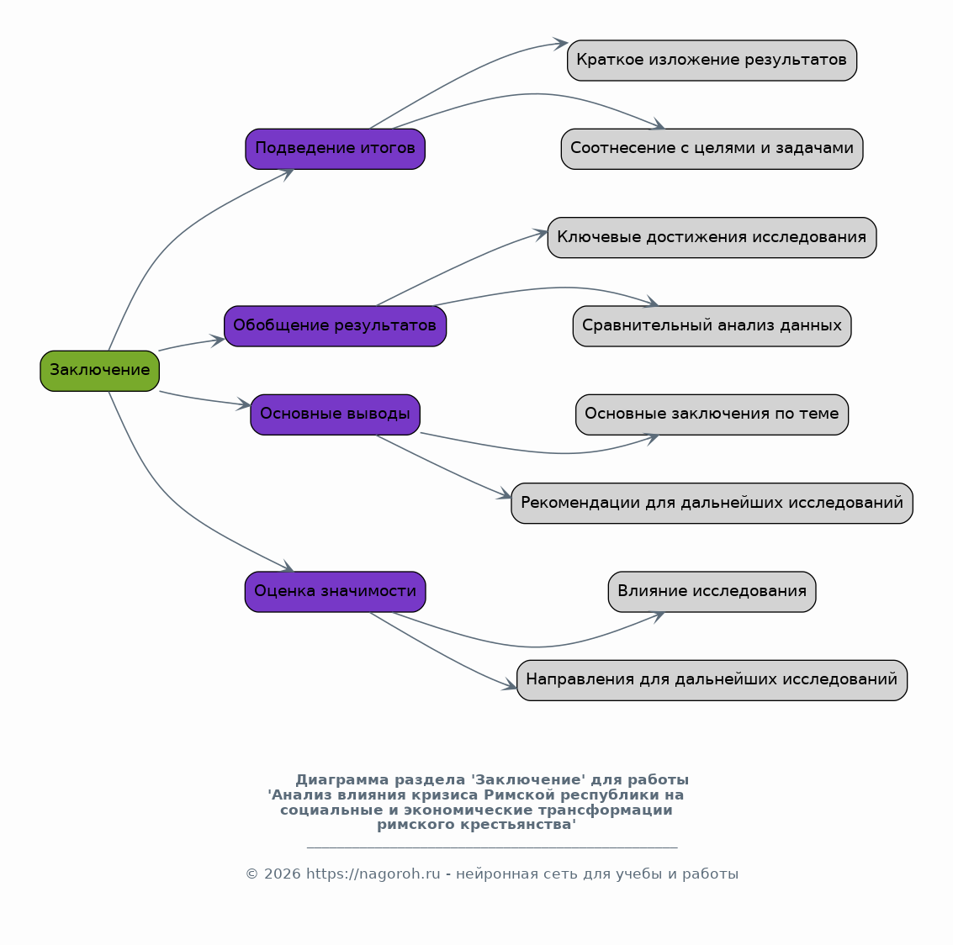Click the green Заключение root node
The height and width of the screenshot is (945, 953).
[100, 371]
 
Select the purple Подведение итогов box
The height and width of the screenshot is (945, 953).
[335, 149]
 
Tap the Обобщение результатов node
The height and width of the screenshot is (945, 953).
[335, 326]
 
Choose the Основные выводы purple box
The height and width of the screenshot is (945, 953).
[335, 414]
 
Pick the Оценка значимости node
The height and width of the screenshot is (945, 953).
[335, 592]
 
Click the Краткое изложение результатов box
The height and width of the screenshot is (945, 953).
[712, 61]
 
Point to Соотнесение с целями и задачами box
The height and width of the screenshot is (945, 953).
[712, 149]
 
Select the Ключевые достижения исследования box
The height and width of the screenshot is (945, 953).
[712, 237]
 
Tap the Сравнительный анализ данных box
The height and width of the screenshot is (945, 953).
[712, 326]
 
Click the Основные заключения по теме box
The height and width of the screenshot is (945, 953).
[712, 414]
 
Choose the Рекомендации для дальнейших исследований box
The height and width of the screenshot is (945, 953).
[712, 504]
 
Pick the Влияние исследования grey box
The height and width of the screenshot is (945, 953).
[712, 592]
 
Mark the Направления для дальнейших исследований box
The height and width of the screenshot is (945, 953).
[712, 680]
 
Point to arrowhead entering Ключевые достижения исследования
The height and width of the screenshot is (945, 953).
[541, 234]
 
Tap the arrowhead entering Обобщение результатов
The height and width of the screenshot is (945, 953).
[218, 341]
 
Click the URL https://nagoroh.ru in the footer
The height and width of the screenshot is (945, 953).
[373, 874]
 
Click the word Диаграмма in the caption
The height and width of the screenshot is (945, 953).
[341, 780]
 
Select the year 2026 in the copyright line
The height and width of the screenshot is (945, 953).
[282, 874]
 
